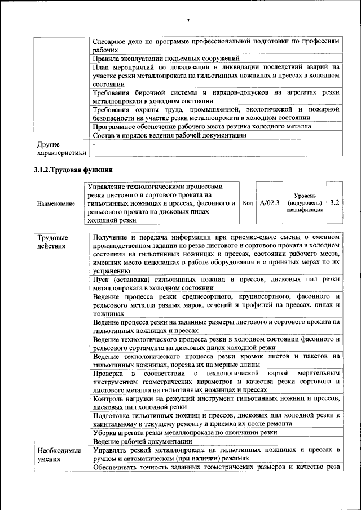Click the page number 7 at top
(x=188, y=21)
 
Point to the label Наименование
(x=56, y=203)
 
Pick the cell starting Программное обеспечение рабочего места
(x=201, y=127)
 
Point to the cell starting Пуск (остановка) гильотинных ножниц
(x=216, y=283)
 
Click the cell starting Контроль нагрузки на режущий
(x=216, y=402)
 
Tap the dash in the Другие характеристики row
(x=94, y=145)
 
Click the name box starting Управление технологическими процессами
(x=161, y=203)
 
